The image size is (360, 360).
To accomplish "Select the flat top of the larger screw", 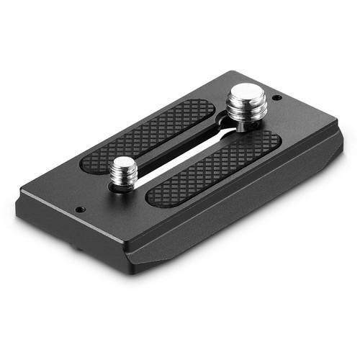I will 247,93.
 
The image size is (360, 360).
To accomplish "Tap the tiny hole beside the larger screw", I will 278,97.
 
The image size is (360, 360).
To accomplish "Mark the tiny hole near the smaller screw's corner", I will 81,210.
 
